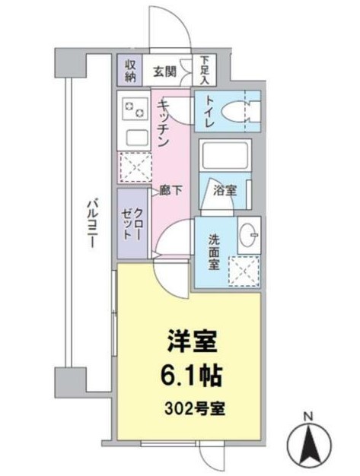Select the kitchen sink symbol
coord(135,139)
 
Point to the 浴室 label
coord(225,191)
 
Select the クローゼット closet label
coord(135,224)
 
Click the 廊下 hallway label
coord(171,191)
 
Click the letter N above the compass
coord(308,417)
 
